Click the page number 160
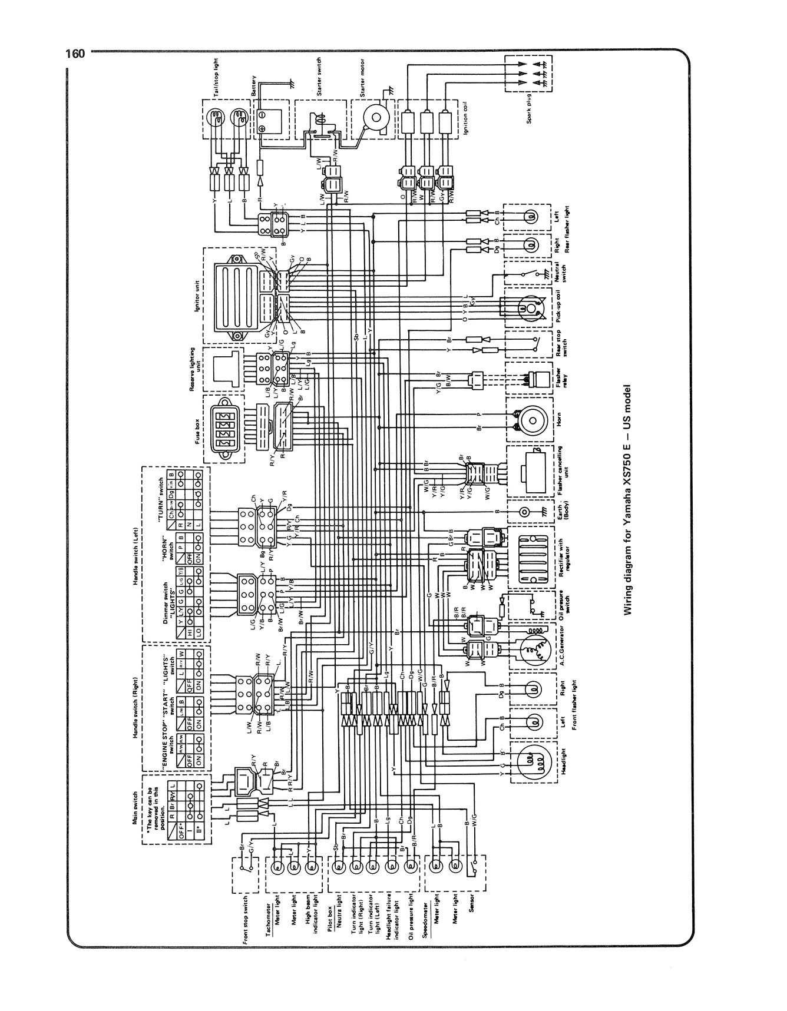pos(75,54)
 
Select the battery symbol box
pos(272,117)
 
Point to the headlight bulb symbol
pos(532,761)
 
